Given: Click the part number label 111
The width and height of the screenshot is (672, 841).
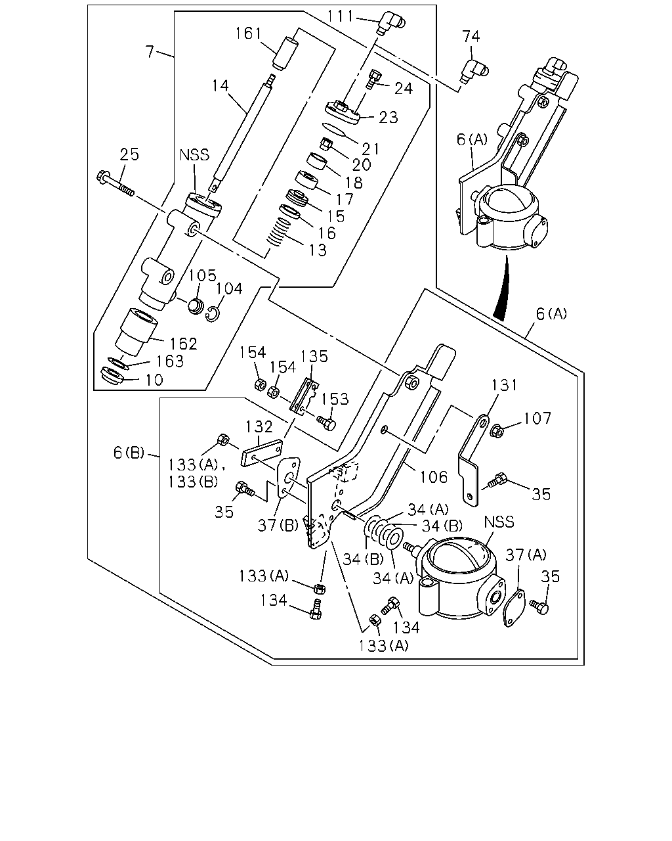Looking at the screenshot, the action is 340,16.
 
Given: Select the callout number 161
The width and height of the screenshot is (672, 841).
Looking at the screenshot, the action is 248,34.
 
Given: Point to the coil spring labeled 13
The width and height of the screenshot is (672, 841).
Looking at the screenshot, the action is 279,232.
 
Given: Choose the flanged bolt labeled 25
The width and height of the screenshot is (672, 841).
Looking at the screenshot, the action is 115,183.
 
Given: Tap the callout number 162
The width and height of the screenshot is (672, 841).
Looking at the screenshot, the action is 183,344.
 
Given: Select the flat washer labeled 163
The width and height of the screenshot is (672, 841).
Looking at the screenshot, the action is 118,363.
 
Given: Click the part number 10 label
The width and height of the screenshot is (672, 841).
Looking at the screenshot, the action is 154,380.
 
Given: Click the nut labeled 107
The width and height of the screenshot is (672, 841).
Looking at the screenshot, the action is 497,430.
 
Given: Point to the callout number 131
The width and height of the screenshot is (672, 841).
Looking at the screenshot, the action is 504,385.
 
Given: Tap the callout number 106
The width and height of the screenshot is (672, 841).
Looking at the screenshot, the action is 434,477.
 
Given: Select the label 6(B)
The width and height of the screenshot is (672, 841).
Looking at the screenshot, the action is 129,453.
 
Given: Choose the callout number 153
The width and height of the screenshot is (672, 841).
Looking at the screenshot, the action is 335,399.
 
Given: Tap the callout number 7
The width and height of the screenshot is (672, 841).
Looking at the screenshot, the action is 150,52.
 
